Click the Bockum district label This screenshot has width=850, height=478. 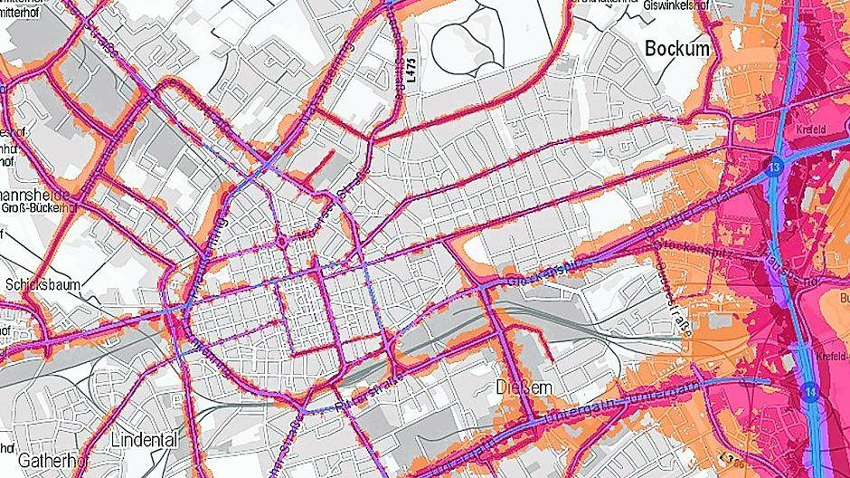click(678, 50)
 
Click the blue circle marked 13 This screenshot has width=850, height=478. click(776, 167)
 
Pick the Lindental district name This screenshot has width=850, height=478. click(144, 439)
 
